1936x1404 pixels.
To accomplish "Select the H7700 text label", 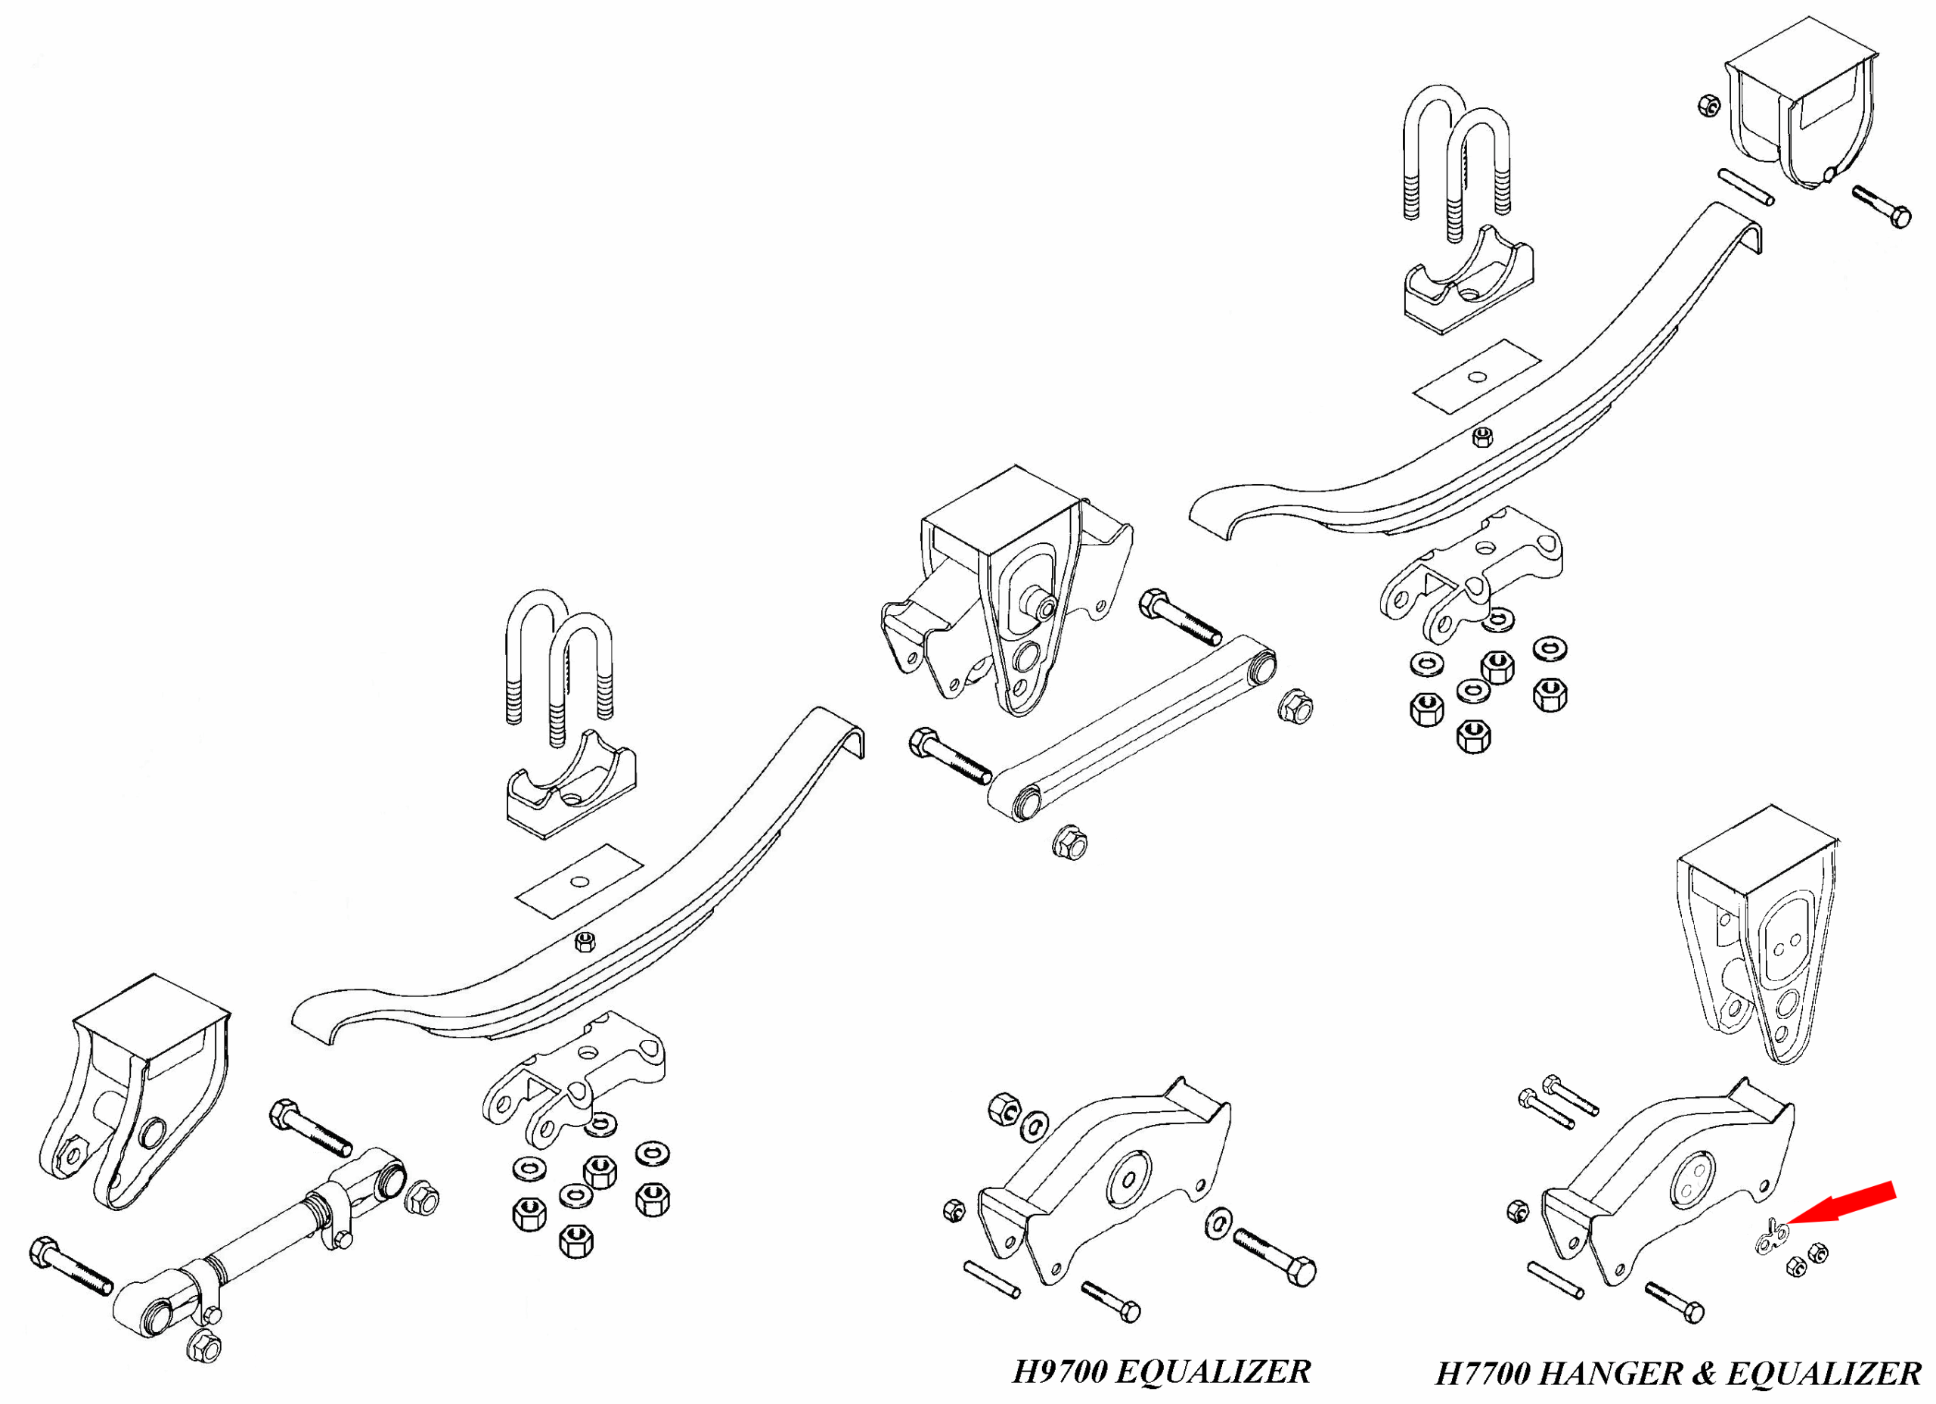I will click(x=1483, y=1374).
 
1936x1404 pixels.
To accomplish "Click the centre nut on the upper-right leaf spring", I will click(x=1484, y=436).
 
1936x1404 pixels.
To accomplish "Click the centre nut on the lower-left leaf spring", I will click(x=585, y=942).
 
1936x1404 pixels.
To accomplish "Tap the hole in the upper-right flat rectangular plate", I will click(x=1477, y=377).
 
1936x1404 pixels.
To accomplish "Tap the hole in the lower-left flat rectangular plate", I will click(x=579, y=881).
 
